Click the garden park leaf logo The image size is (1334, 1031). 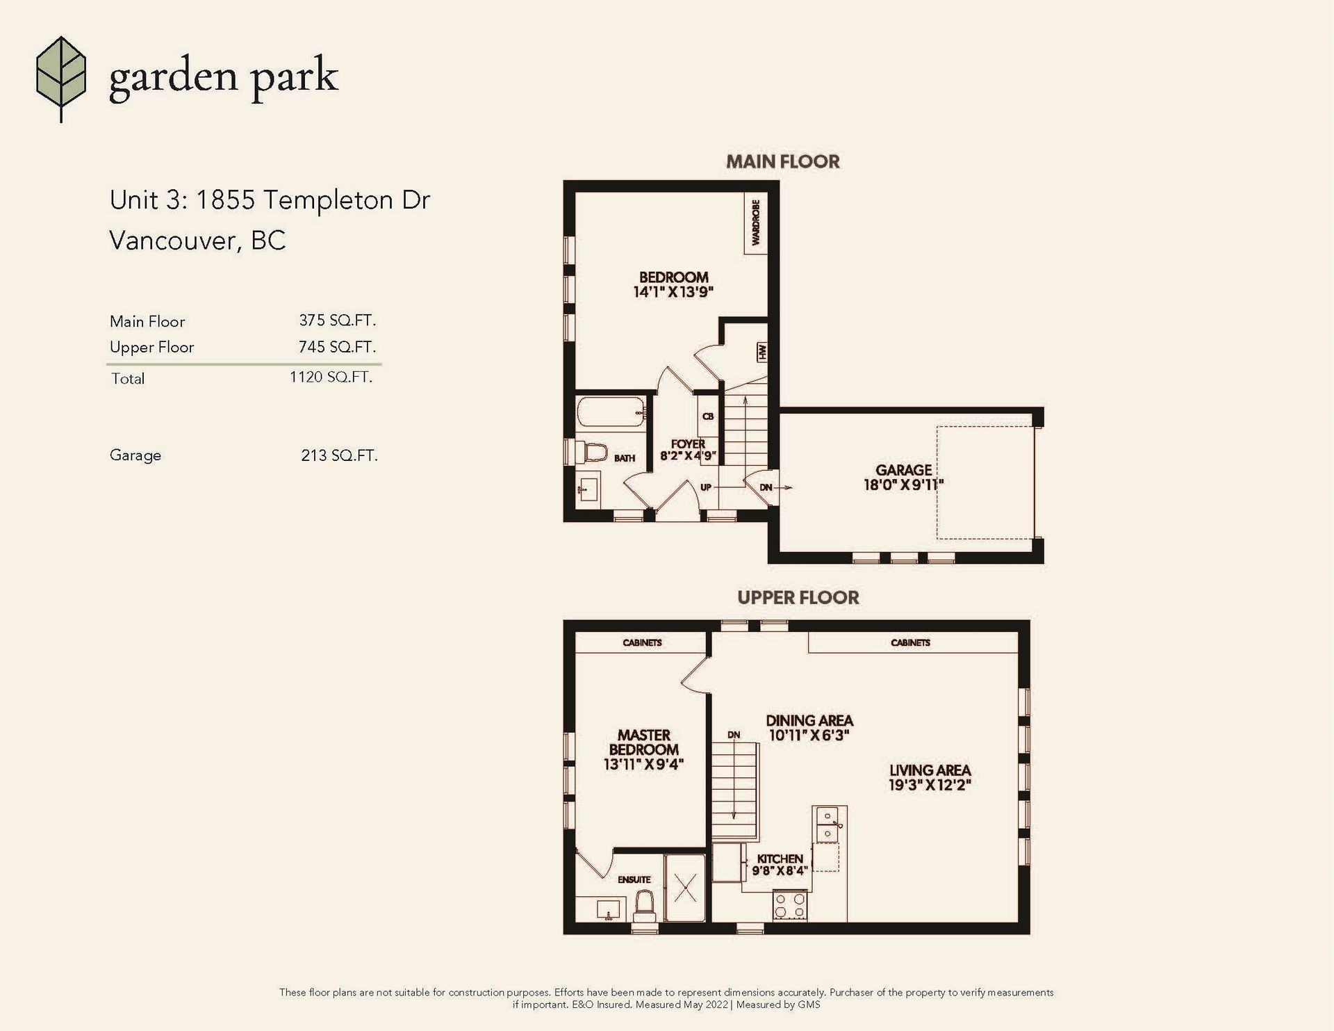[61, 79]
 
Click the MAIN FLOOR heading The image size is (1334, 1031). [783, 162]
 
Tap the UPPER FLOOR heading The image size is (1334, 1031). [798, 598]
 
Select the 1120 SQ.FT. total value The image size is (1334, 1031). [331, 377]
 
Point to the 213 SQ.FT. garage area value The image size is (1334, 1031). [339, 456]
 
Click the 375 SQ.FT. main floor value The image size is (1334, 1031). [337, 320]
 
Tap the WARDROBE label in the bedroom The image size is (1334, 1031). [756, 222]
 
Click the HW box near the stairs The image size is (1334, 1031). [762, 352]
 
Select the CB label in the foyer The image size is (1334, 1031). [708, 416]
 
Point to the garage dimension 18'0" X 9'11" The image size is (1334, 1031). [903, 485]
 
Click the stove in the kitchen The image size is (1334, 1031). [790, 906]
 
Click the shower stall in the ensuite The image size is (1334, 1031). [685, 888]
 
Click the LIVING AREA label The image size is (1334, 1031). [930, 770]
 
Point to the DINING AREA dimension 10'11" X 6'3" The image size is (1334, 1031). [809, 736]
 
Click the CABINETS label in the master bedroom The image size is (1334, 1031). [642, 643]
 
